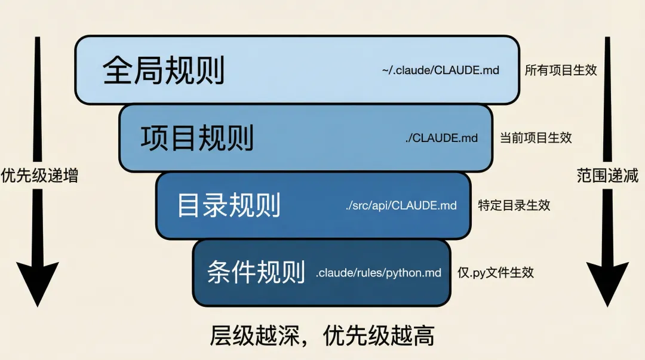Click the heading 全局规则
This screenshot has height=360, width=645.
164,71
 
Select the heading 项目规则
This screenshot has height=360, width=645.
197,138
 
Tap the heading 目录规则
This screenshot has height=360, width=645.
229,205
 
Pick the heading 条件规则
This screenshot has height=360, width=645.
256,273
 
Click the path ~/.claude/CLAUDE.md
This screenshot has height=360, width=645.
441,70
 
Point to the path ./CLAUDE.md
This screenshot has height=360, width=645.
441,138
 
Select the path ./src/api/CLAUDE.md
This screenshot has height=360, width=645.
401,205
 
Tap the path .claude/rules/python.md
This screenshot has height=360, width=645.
379,273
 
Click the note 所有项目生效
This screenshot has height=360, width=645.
561,70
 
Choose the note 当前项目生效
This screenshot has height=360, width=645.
536,138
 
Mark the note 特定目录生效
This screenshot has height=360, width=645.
514,205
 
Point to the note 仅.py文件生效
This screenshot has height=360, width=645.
495,273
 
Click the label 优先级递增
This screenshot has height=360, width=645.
39,176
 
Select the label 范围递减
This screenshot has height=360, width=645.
607,176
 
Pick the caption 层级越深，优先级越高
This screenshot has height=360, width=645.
322,337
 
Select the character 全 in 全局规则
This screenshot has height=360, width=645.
118,71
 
